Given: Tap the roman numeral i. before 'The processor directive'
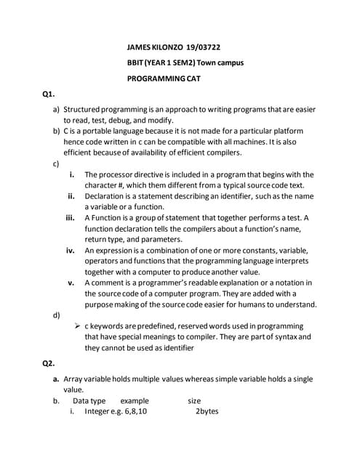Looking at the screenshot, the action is [71, 174].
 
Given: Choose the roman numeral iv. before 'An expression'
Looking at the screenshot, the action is [71, 250].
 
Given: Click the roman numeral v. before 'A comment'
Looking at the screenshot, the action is [71, 283].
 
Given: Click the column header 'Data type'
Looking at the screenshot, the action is [89, 400].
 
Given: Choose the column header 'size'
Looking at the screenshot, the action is [194, 400].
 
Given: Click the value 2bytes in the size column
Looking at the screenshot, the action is [207, 411].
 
